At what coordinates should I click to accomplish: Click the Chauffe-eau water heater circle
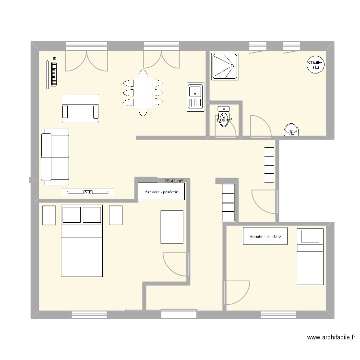pyautogui.click(x=315, y=65)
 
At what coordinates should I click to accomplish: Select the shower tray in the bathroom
pyautogui.click(x=225, y=66)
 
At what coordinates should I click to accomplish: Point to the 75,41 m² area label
pyautogui.click(x=173, y=181)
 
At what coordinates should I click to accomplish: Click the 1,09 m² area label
pyautogui.click(x=225, y=120)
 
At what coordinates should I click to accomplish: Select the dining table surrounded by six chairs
pyautogui.click(x=143, y=93)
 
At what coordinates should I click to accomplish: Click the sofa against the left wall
pyautogui.click(x=55, y=156)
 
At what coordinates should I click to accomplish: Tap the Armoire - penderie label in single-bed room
pyautogui.click(x=265, y=236)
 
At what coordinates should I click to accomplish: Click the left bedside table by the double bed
pyautogui.click(x=49, y=215)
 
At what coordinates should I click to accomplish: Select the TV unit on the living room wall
pyautogui.click(x=88, y=192)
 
